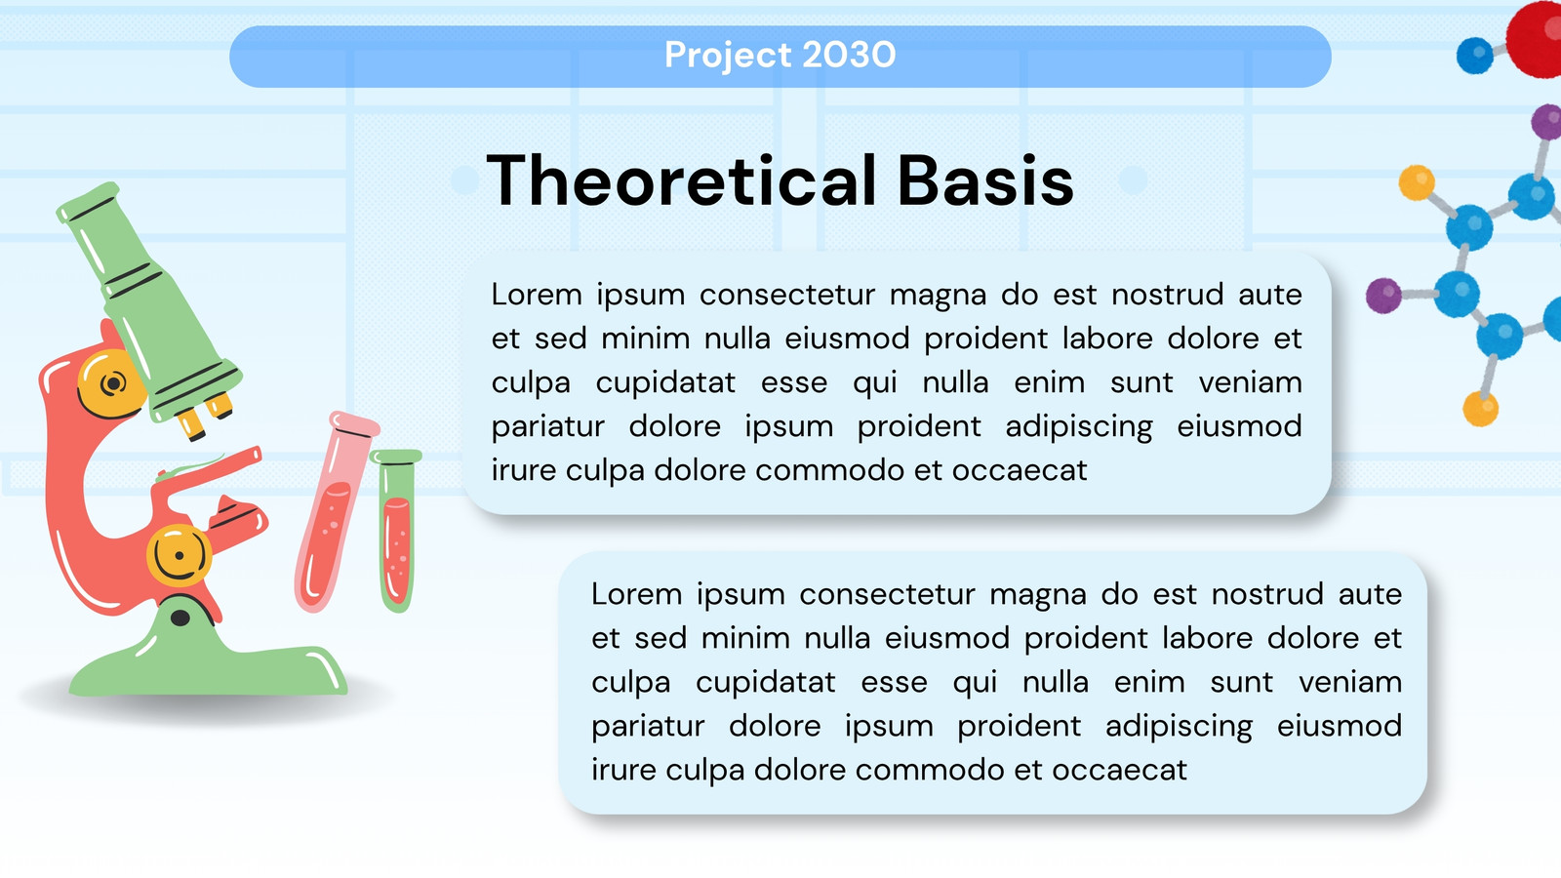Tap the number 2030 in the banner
(849, 55)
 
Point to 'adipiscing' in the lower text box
(1180, 727)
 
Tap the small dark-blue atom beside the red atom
(1474, 55)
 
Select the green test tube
(397, 531)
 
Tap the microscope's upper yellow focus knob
(110, 384)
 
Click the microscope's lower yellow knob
(179, 556)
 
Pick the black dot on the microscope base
(180, 618)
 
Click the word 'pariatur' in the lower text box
(648, 727)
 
